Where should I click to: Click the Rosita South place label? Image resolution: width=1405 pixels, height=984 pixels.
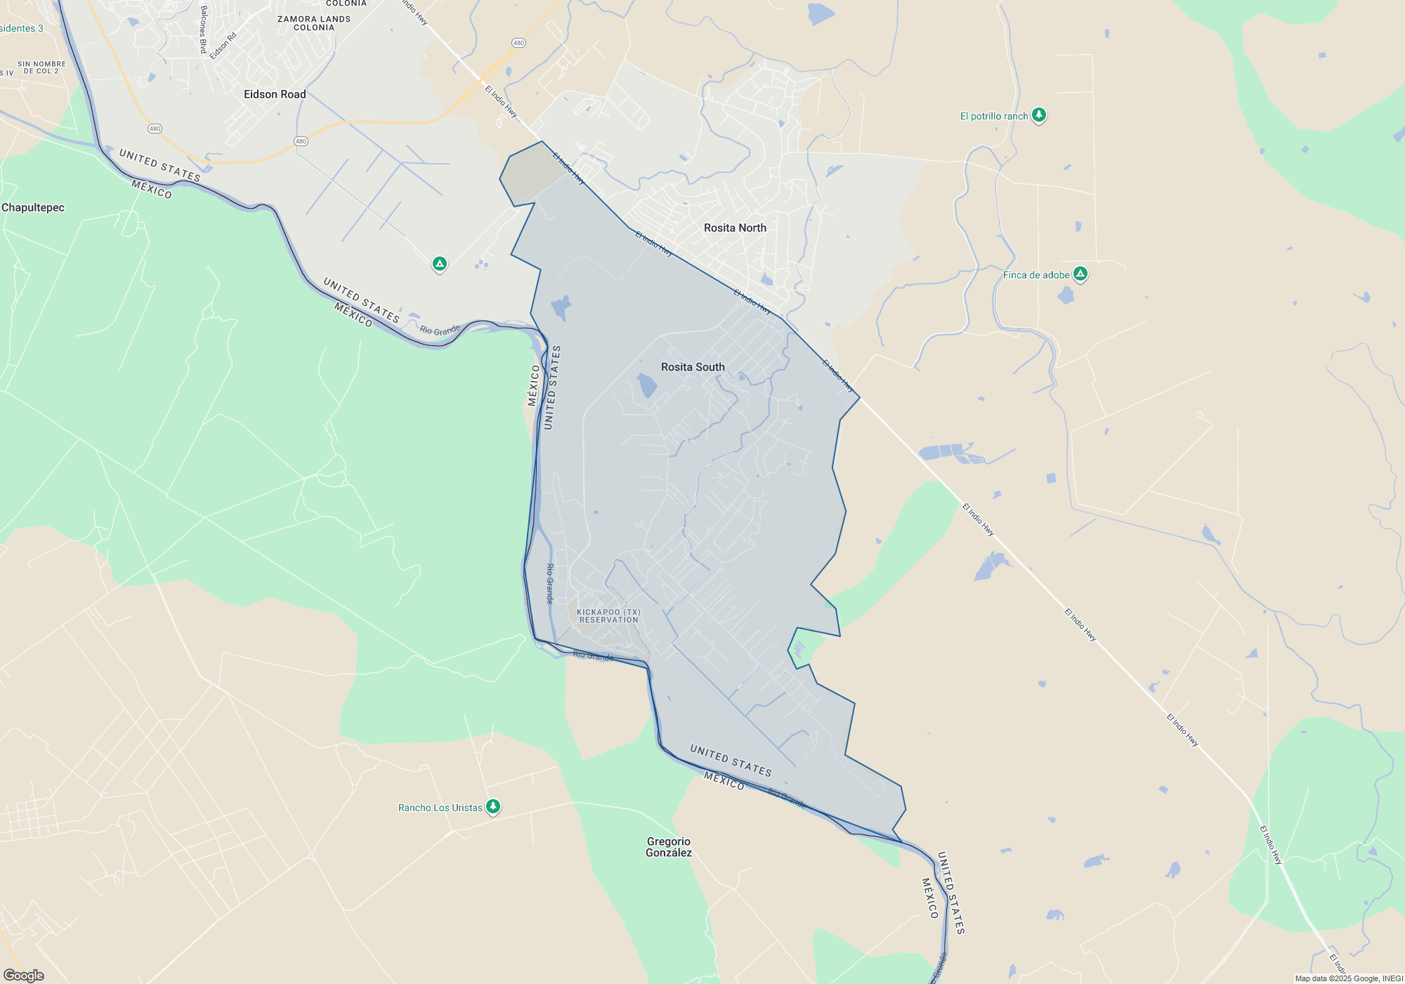[693, 367]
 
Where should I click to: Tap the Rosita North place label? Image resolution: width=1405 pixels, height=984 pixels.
[735, 228]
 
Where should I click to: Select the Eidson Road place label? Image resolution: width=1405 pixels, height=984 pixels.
[275, 94]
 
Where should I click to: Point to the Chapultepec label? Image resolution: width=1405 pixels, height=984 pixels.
[33, 207]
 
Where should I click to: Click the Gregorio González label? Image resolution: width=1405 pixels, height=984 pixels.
[669, 847]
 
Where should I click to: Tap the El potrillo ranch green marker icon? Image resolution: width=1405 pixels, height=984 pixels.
[1039, 115]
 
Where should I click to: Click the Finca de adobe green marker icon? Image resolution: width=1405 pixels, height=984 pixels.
[1080, 273]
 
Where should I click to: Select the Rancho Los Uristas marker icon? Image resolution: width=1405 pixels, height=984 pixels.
[493, 805]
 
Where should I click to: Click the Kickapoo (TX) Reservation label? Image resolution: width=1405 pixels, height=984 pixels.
[608, 616]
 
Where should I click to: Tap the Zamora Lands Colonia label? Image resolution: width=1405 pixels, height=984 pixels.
[314, 23]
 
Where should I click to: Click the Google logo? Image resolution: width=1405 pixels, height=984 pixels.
[24, 975]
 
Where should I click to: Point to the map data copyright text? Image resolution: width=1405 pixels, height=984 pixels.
[1349, 978]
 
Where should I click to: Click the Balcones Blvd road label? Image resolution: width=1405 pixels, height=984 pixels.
[203, 30]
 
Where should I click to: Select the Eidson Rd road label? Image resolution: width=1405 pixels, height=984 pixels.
[223, 46]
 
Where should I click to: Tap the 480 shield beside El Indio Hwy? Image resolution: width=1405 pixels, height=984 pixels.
[518, 43]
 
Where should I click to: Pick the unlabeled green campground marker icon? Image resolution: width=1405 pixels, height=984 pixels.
[440, 264]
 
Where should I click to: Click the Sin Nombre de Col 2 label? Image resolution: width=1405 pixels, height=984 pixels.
[41, 67]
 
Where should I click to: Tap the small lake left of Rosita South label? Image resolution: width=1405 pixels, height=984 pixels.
[646, 385]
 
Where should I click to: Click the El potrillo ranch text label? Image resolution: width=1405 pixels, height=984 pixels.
[994, 116]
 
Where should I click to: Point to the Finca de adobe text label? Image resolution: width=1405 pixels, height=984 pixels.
[1036, 275]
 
